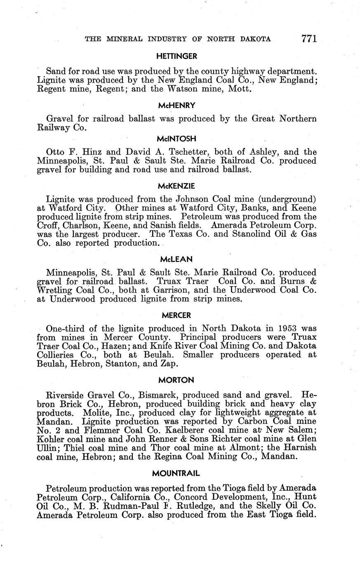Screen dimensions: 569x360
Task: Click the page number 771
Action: pyautogui.click(x=309, y=39)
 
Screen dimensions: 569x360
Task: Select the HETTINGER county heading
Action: pyautogui.click(x=177, y=56)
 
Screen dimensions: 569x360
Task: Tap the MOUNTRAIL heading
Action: pyautogui.click(x=177, y=472)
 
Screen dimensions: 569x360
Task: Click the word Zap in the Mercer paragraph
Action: pyautogui.click(x=169, y=364)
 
